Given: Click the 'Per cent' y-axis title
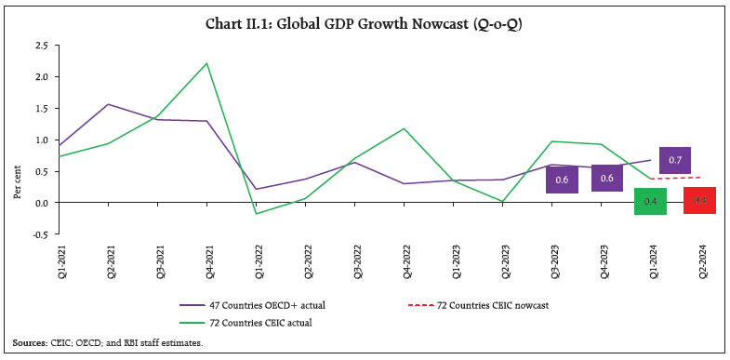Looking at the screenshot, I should coord(17,140).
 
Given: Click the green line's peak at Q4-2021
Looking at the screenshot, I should coord(206,63).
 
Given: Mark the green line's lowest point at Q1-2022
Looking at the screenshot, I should coord(255,214).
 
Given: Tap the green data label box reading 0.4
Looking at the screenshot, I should coord(650,201).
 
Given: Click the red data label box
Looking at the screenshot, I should coord(698,200).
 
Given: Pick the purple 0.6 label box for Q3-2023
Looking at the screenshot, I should coord(562,179).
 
